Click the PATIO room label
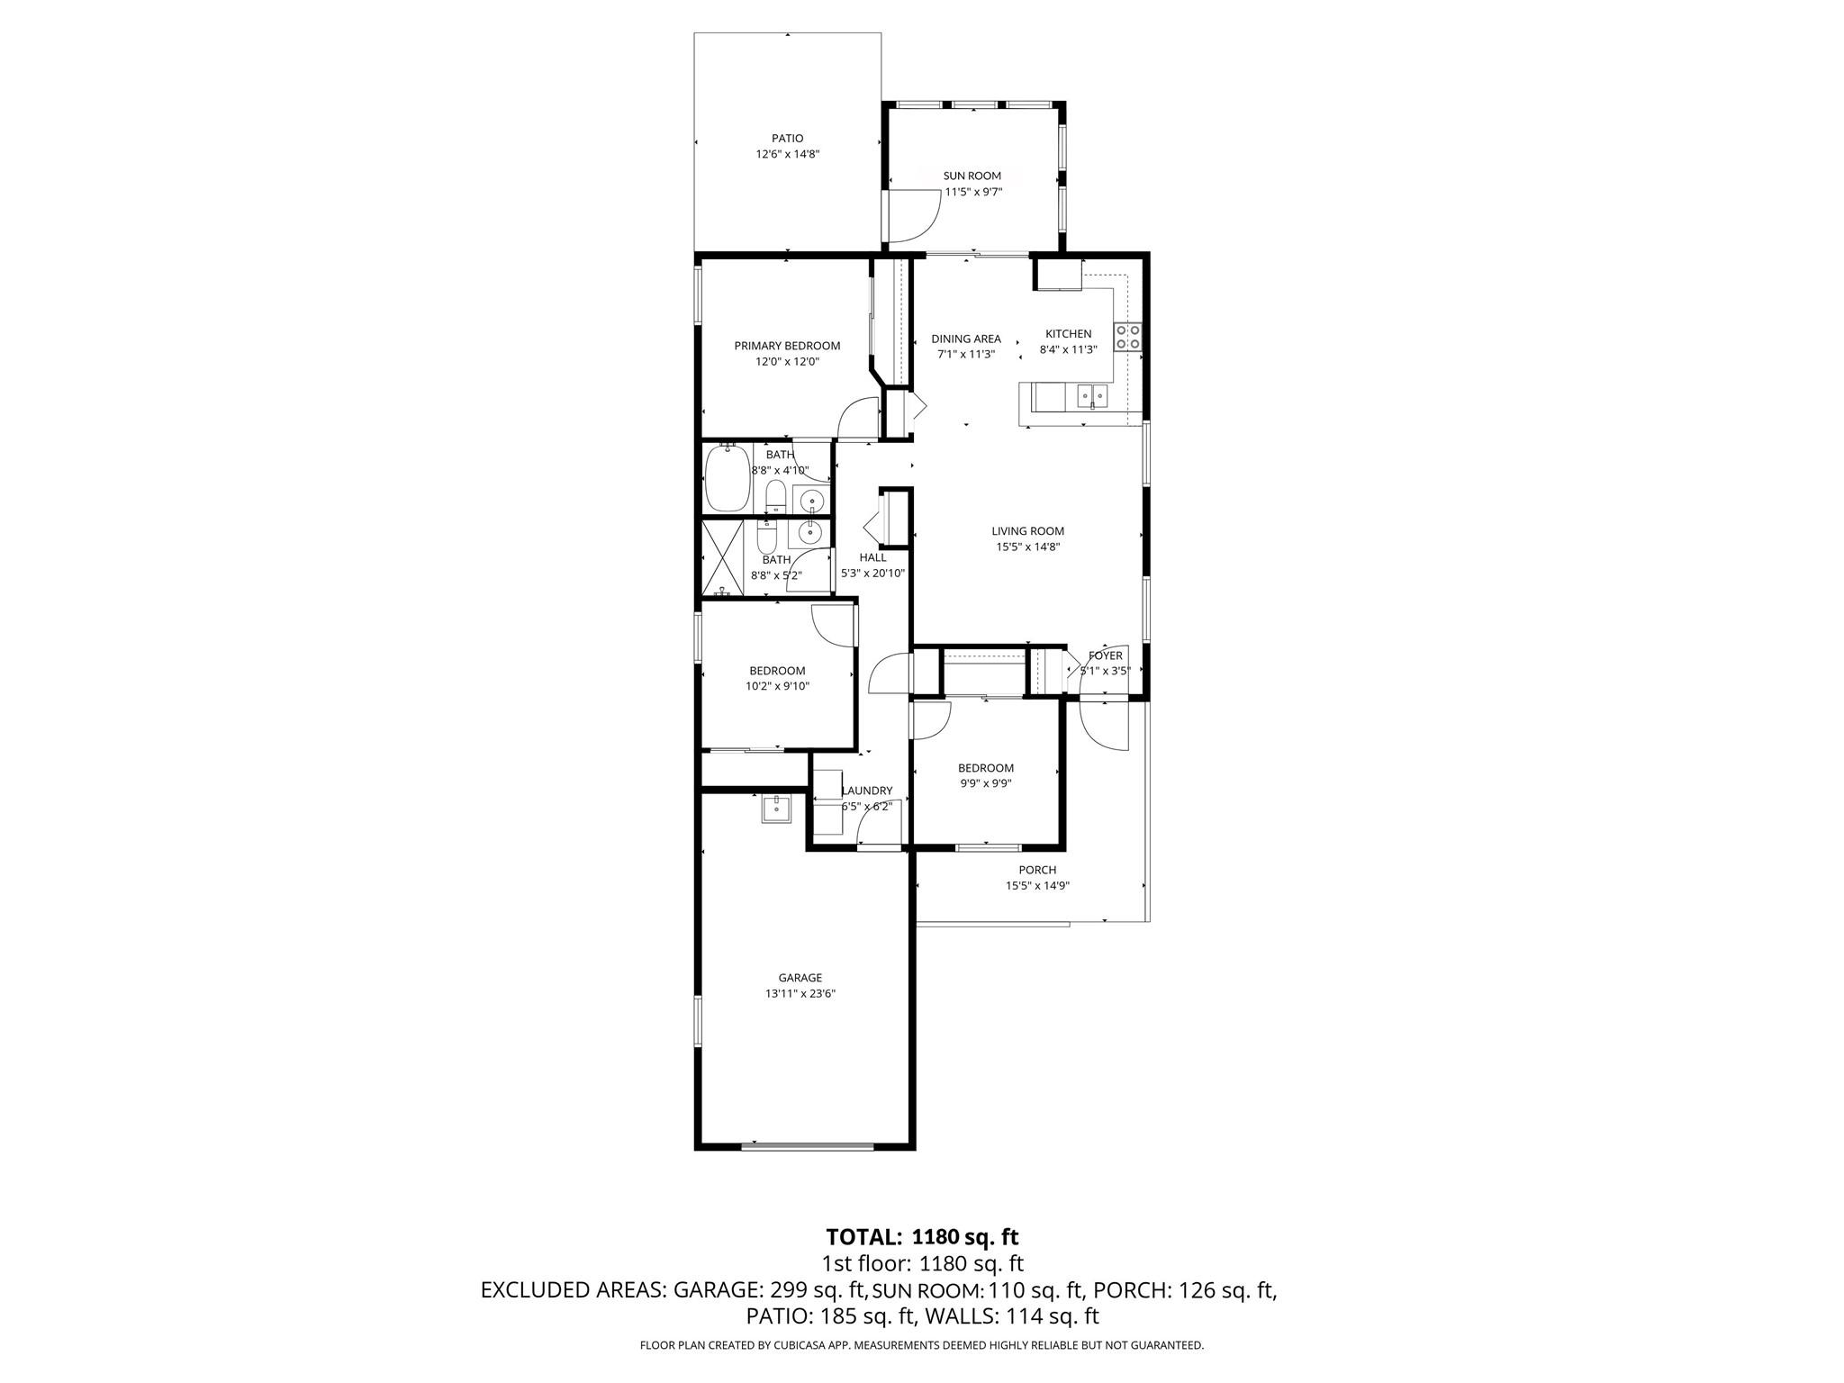click(x=787, y=139)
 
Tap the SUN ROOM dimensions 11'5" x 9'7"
click(x=972, y=192)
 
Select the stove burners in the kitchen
click(x=1128, y=337)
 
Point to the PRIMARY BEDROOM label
click(x=787, y=346)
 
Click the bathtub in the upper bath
click(x=728, y=477)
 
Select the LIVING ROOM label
click(x=1027, y=531)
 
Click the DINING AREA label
click(x=966, y=339)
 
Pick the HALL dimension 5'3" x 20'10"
click(x=872, y=573)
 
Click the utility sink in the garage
click(x=776, y=809)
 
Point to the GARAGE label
click(x=800, y=978)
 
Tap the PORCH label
click(x=1037, y=870)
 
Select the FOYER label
click(x=1105, y=655)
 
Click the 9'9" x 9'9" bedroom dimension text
click(x=985, y=783)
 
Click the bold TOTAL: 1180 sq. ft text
click(x=922, y=1236)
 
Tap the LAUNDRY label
click(x=868, y=791)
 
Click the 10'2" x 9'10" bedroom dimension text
click(x=777, y=686)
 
